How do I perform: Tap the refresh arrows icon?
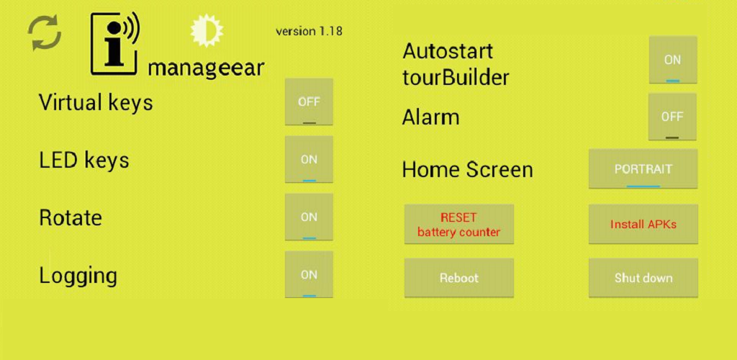(45, 33)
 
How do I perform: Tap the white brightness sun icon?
(207, 31)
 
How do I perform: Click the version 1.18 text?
(309, 31)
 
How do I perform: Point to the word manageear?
(206, 68)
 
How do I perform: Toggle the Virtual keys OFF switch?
(309, 102)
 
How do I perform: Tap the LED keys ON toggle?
(309, 160)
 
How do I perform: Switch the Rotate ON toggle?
(309, 217)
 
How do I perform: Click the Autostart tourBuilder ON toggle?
(672, 60)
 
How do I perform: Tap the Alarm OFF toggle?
(672, 117)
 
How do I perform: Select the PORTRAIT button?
(643, 169)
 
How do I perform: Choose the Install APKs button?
(643, 224)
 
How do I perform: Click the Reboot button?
(459, 278)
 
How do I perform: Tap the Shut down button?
(643, 278)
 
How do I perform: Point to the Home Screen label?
(467, 170)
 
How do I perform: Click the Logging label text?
(78, 276)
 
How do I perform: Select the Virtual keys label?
(96, 103)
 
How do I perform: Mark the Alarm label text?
(430, 117)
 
